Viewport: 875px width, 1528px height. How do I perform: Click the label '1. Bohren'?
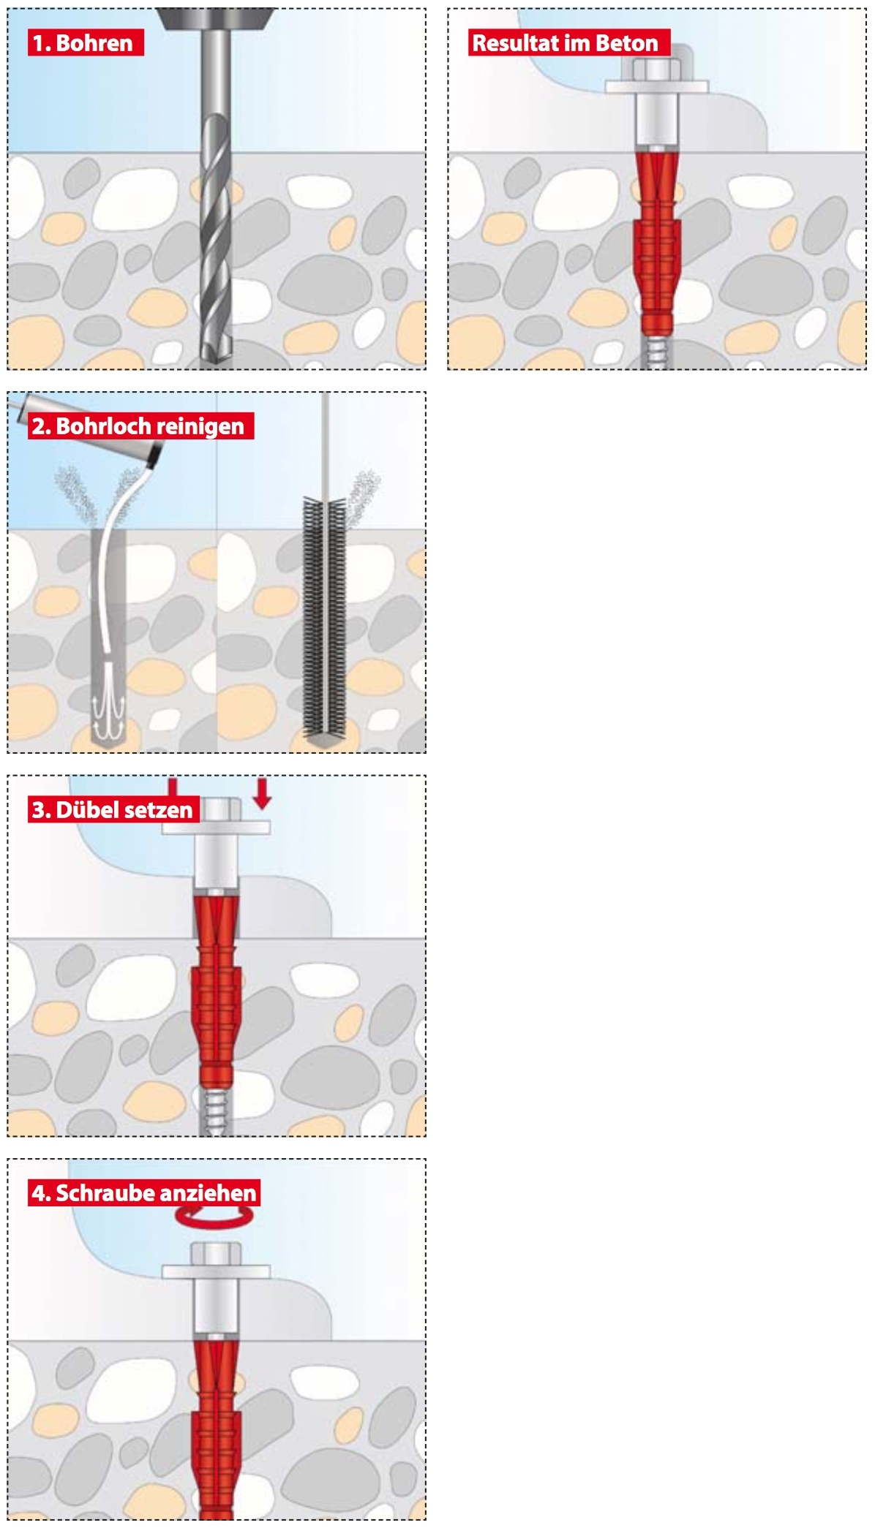coord(86,42)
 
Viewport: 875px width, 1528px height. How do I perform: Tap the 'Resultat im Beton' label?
coord(568,42)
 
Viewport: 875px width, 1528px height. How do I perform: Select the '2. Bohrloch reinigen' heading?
coord(140,426)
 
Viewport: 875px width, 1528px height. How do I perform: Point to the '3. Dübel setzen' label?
coord(113,809)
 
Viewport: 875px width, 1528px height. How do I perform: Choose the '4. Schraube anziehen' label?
coord(144,1192)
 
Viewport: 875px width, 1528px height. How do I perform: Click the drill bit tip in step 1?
coord(216,360)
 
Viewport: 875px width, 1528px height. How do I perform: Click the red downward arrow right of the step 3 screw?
coord(262,793)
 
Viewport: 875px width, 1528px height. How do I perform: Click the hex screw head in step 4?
coord(216,1253)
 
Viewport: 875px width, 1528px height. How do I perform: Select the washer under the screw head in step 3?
coord(216,827)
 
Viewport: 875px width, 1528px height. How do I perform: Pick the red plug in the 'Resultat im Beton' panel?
coord(656,241)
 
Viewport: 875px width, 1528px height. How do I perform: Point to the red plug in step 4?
coord(216,1426)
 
